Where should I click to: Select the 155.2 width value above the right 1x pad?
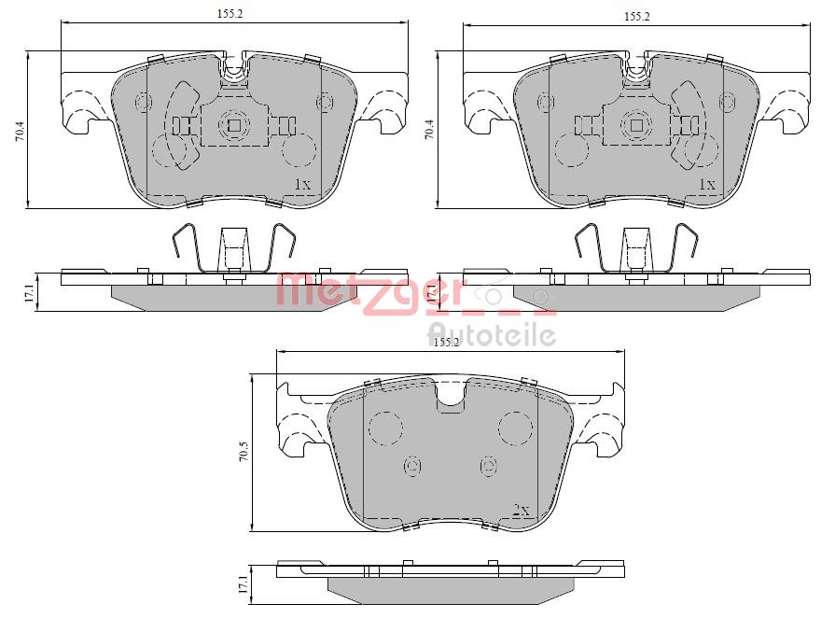click(x=636, y=16)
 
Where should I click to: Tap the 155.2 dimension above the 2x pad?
click(x=446, y=343)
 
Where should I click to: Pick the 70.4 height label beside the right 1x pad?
click(x=428, y=130)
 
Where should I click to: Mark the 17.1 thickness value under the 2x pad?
click(x=244, y=585)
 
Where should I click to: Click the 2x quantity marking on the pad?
click(x=521, y=511)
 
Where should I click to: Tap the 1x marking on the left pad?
click(x=301, y=184)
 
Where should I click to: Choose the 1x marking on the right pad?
click(x=706, y=184)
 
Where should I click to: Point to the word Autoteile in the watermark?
click(x=492, y=334)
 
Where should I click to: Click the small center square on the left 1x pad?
click(x=234, y=125)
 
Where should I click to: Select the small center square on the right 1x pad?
click(x=637, y=125)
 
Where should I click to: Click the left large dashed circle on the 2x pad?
click(x=386, y=428)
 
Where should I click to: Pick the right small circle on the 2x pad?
click(x=487, y=465)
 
